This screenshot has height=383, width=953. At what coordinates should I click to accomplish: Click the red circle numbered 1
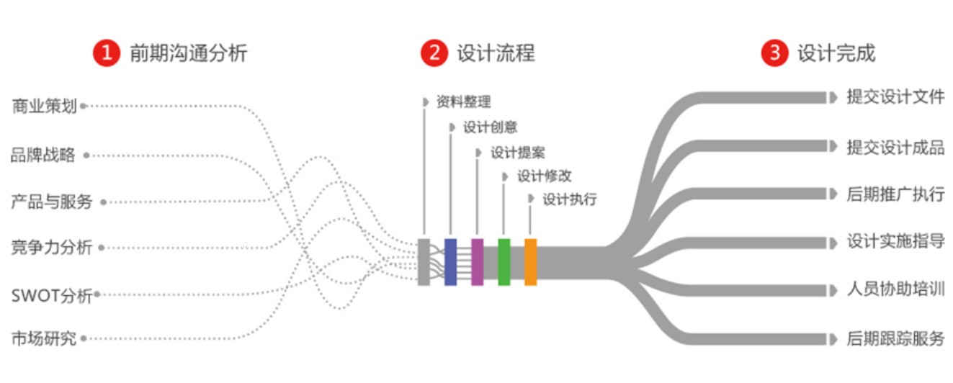106,53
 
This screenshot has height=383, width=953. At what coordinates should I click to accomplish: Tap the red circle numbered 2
434,53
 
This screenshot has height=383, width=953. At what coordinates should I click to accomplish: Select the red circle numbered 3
774,53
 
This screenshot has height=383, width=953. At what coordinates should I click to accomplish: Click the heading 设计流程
496,53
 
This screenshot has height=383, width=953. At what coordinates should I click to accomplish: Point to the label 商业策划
45,107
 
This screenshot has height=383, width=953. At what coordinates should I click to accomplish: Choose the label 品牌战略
43,156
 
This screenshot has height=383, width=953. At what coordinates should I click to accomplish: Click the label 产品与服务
52,202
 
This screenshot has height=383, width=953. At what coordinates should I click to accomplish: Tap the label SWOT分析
52,295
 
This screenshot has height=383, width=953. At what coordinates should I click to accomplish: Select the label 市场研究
43,338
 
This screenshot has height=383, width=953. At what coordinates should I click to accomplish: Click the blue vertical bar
450,262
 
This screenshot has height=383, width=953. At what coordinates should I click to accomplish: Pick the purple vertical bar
477,262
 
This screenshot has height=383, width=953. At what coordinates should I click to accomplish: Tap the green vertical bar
504,262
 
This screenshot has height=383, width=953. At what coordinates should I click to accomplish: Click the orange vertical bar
530,262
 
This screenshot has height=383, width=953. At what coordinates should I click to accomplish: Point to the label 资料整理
463,102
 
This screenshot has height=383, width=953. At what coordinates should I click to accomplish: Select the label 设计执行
569,199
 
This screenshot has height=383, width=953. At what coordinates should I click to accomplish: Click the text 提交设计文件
895,97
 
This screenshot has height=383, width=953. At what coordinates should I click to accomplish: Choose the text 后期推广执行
895,194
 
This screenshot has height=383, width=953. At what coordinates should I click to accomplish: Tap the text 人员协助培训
895,290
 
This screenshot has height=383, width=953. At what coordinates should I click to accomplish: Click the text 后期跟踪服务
895,338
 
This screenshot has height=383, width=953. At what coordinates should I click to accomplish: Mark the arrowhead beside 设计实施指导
833,243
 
